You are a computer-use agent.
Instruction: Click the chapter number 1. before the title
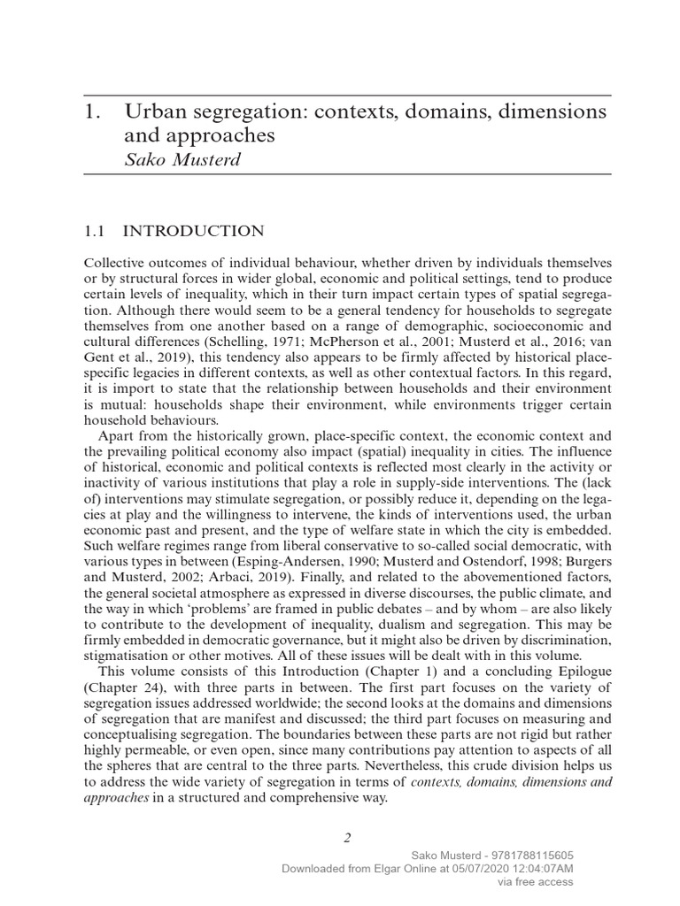click(x=92, y=112)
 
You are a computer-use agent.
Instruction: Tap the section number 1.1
click(x=95, y=232)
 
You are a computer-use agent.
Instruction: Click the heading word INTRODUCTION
click(x=192, y=232)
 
